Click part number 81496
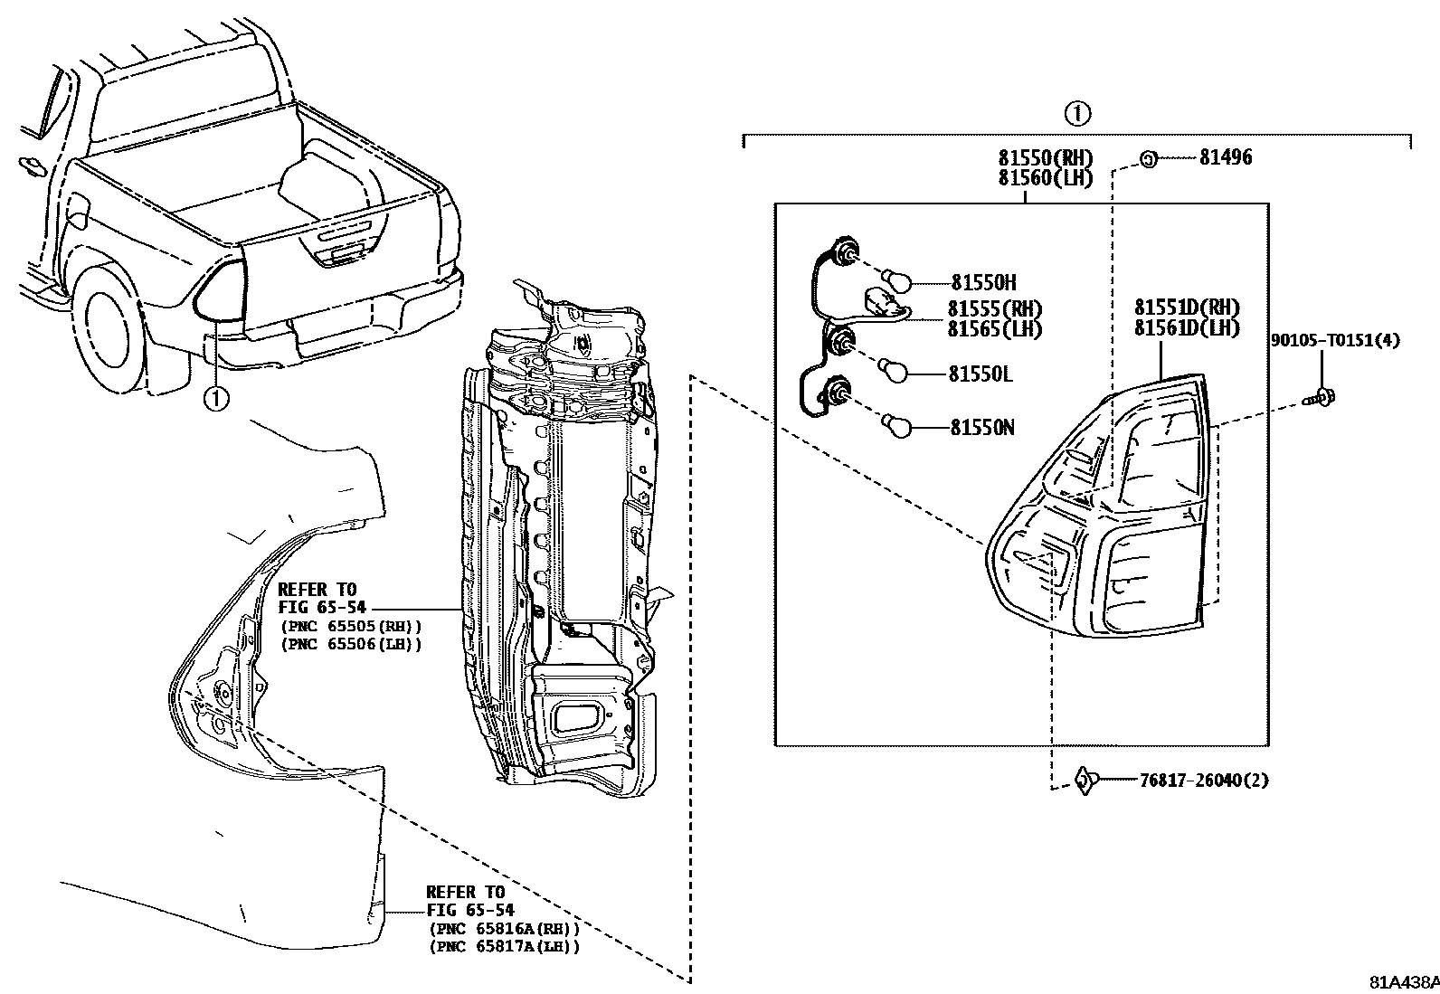click(1226, 157)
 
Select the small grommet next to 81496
click(1146, 159)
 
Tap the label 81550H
click(983, 283)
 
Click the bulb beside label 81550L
click(894, 371)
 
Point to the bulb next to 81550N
click(895, 425)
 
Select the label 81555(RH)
click(995, 309)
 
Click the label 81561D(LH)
click(1187, 328)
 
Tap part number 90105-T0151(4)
click(1335, 340)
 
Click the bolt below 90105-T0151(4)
click(1323, 395)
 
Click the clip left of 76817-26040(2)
click(1085, 780)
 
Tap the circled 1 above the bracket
click(1076, 114)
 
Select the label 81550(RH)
click(1046, 158)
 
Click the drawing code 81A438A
click(1403, 982)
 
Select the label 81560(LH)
click(1046, 178)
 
